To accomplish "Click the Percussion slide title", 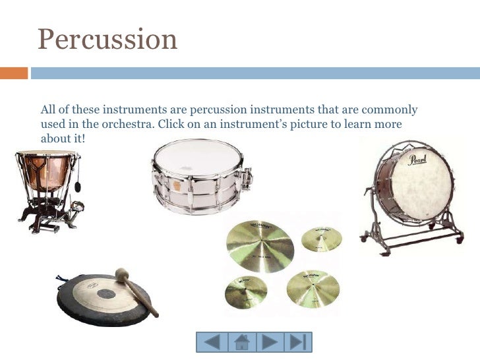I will (x=107, y=40).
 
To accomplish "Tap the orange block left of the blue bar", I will (x=13, y=72).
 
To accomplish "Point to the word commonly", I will (x=390, y=109).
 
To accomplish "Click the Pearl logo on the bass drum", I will (x=417, y=160).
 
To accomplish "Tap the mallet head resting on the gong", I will (x=122, y=274).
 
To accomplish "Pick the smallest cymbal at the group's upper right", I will (x=322, y=239).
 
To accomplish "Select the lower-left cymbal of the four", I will (x=246, y=291).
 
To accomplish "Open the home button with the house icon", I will (x=241, y=342).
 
